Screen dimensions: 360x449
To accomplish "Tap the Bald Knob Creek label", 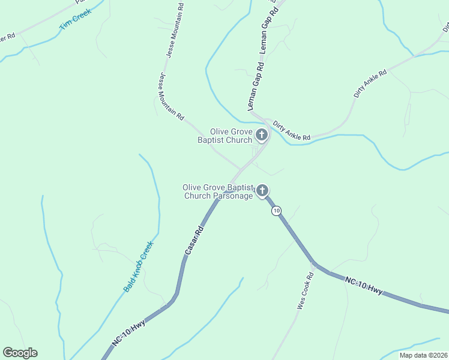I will coord(139,266).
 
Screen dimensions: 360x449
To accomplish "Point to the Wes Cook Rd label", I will coord(306,292).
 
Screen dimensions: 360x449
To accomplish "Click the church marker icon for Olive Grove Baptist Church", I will coord(262,136).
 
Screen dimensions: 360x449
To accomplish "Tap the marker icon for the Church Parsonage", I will coord(262,191).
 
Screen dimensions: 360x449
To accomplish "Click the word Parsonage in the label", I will coord(235,196).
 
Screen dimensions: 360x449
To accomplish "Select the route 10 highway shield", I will coord(276,211).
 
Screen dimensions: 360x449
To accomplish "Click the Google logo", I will coord(20,353).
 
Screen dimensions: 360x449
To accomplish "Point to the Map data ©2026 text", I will coord(423,355).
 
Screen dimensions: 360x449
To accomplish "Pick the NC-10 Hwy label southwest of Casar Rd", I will coord(128,334).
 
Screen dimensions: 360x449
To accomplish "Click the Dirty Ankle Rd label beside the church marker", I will coord(292,131).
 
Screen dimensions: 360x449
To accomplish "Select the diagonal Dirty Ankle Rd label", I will coord(370,83).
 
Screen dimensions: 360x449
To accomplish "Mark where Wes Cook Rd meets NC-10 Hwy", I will coord(313,263).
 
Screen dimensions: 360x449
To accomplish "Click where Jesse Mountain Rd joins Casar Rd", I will coord(240,170).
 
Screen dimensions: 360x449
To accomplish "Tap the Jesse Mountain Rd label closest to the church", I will coord(171,97).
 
